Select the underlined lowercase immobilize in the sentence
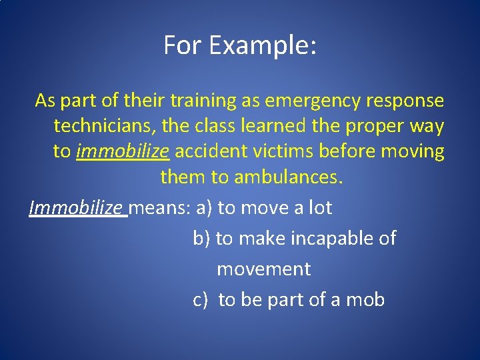pyautogui.click(x=123, y=151)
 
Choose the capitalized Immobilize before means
pyautogui.click(x=77, y=208)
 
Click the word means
pyautogui.click(x=159, y=208)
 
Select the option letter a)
pyautogui.click(x=204, y=208)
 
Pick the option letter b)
pyautogui.click(x=201, y=239)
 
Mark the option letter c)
pyautogui.click(x=201, y=300)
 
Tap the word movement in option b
pyautogui.click(x=263, y=269)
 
